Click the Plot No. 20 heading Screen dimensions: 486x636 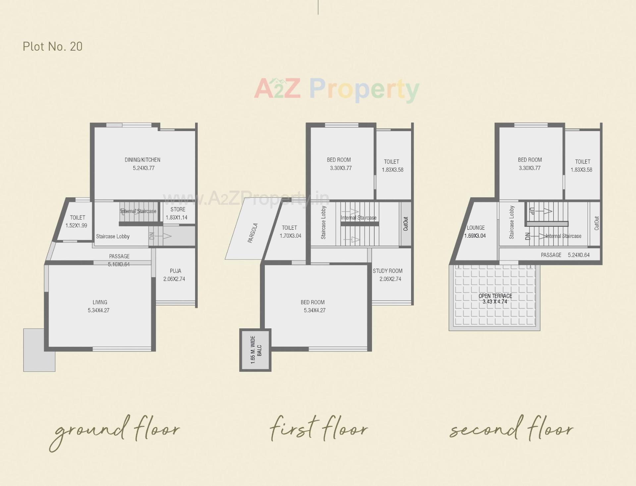pyautogui.click(x=53, y=47)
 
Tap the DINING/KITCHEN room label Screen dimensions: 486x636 pyautogui.click(x=142, y=160)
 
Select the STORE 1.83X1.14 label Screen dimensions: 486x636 pyautogui.click(x=177, y=214)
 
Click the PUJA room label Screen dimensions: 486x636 pyautogui.click(x=175, y=271)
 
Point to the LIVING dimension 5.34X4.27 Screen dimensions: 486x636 pyautogui.click(x=98, y=311)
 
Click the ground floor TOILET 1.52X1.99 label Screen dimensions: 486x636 pyautogui.click(x=77, y=221)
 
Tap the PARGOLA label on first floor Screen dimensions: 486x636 pyautogui.click(x=253, y=233)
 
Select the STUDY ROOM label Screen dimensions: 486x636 pyautogui.click(x=388, y=271)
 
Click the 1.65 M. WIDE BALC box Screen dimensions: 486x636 pyautogui.click(x=256, y=350)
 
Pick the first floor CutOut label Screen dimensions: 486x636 pyautogui.click(x=406, y=224)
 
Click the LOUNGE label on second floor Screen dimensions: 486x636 pyautogui.click(x=476, y=228)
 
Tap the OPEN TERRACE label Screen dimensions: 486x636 pyautogui.click(x=495, y=296)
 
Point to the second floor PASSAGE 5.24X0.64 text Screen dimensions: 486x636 pyautogui.click(x=565, y=255)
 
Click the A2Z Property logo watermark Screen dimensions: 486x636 pyautogui.click(x=337, y=89)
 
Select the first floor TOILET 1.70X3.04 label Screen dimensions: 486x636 pyautogui.click(x=290, y=232)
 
